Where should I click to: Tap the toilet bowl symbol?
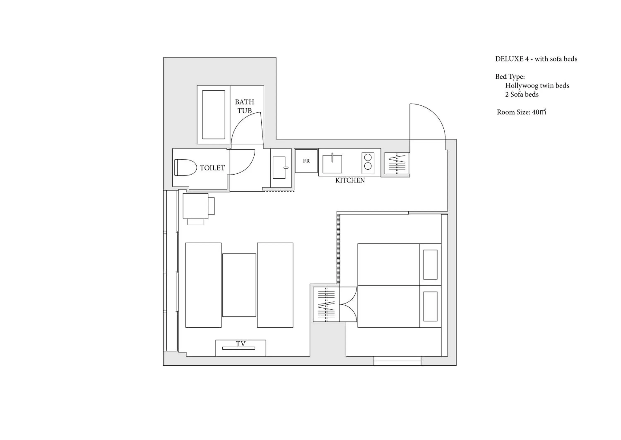point(185,168)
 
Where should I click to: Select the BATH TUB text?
point(244,106)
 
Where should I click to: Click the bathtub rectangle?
point(213,115)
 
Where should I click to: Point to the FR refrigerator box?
point(306,161)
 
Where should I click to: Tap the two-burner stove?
point(368,163)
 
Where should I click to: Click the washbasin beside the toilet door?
point(279,168)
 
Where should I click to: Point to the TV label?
point(241,344)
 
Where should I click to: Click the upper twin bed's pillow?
point(430,264)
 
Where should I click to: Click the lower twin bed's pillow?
point(430,306)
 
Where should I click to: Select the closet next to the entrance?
point(397,164)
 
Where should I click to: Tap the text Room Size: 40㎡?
point(521,112)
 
